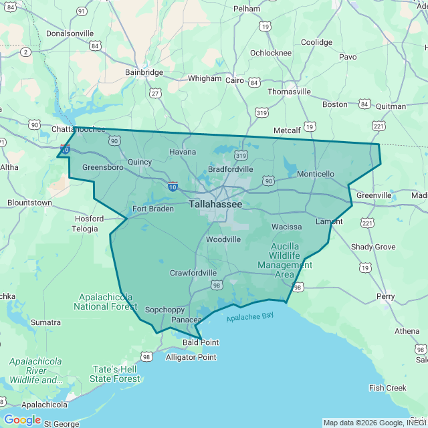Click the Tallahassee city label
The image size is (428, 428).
[x=215, y=203]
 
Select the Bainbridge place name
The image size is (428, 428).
[x=144, y=72]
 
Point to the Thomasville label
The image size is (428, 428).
[x=289, y=92]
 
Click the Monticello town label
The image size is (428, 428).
[x=315, y=174]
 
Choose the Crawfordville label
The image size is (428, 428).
[x=193, y=273]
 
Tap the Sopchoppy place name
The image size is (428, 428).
[x=165, y=310]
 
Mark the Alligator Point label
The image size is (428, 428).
[x=191, y=357]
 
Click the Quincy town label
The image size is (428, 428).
[x=140, y=162]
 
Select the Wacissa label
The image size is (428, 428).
[x=286, y=227]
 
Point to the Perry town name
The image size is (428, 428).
[x=385, y=296]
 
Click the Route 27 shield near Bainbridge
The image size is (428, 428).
[x=155, y=93]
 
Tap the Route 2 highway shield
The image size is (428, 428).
[x=25, y=51]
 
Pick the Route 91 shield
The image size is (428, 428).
[x=82, y=11]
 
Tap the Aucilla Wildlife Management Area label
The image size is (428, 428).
[x=284, y=260]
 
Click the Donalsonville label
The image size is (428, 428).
[x=70, y=33]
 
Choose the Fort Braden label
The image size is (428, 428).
[x=152, y=209]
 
